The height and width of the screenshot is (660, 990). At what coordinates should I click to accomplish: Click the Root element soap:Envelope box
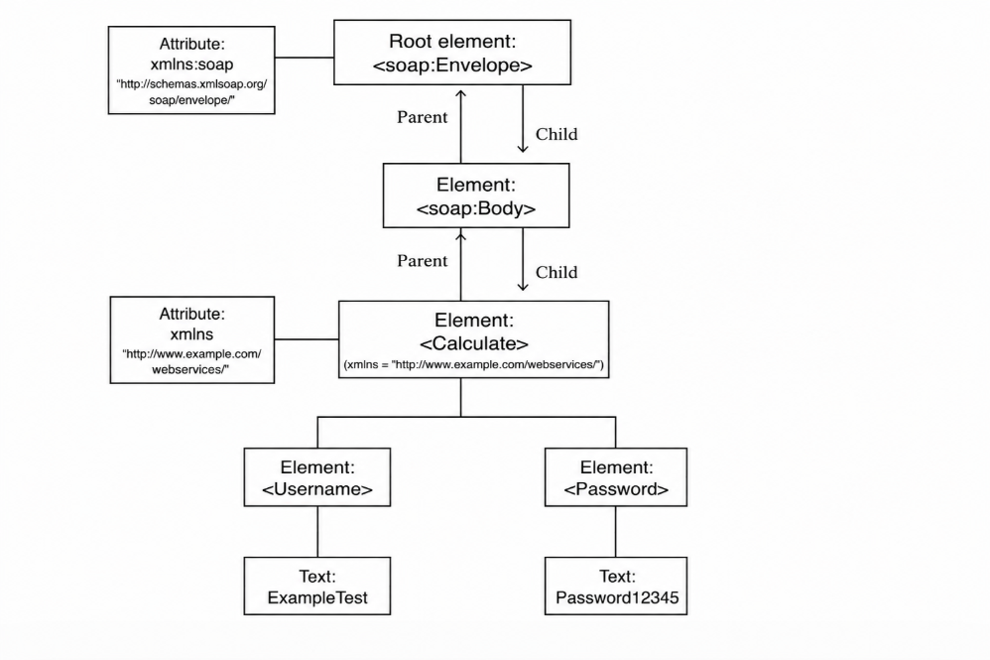pos(452,53)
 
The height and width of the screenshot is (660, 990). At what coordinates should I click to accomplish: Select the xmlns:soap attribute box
pos(191,70)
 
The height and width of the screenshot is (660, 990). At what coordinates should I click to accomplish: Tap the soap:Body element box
pos(476,196)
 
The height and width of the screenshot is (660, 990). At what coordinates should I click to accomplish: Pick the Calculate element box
pos(473,339)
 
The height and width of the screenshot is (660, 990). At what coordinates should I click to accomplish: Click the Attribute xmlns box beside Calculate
pos(191,339)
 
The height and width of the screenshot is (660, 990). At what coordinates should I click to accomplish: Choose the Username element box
pos(317,477)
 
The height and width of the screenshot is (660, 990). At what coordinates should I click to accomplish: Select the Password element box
pos(616,477)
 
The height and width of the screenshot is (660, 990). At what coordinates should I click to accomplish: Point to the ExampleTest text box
pos(317,587)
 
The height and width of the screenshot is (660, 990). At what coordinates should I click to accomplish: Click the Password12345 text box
pos(616,587)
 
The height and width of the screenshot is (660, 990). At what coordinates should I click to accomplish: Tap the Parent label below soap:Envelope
pos(422,117)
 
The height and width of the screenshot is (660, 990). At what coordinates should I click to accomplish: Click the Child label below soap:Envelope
pos(557,135)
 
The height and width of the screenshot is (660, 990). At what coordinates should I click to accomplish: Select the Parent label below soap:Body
pos(422,261)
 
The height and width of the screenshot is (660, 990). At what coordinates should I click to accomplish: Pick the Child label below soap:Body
pos(557,272)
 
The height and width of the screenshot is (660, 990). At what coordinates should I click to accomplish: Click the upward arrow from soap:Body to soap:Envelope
pos(461,126)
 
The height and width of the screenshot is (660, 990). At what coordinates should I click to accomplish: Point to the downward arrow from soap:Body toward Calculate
pos(523,260)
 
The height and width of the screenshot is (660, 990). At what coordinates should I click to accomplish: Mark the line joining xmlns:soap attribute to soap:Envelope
pos(305,58)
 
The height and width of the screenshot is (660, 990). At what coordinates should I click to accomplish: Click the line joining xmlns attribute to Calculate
pos(307,339)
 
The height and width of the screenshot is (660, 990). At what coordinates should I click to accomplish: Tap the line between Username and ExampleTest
pos(317,532)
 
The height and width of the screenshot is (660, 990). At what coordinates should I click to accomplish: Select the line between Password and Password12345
pos(616,532)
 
